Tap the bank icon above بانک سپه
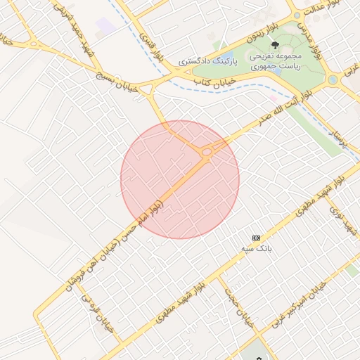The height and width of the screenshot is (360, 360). click(x=256, y=238)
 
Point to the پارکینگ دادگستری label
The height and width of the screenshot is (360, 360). click(x=209, y=61)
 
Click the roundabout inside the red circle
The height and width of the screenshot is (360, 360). click(x=207, y=152)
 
